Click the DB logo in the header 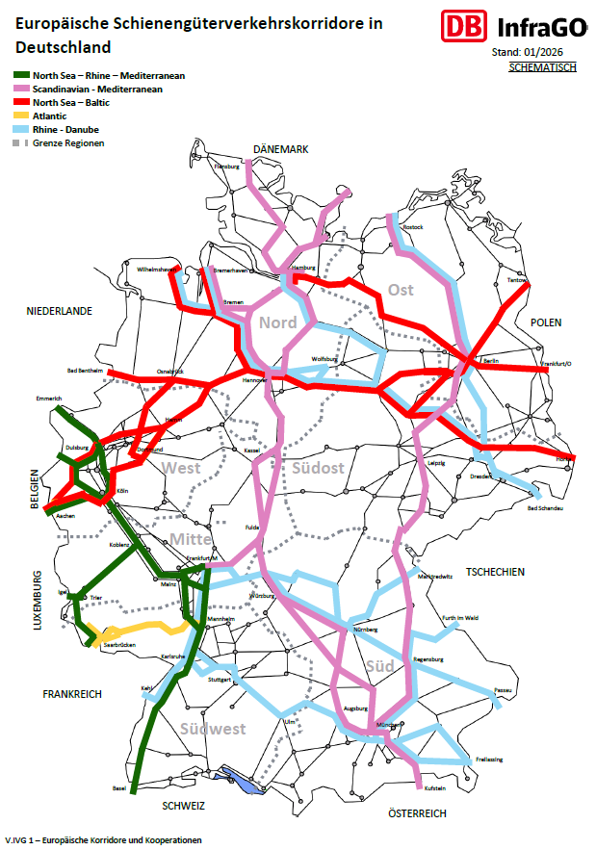pos(460,26)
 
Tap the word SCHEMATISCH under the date pos(542,67)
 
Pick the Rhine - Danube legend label pos(65,129)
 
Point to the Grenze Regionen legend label pos(68,142)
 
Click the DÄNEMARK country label pos(280,149)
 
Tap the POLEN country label pos(545,322)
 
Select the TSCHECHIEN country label pos(495,572)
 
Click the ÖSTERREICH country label pos(417,814)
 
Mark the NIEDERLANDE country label pos(59,311)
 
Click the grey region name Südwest pos(213,729)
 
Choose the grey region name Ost pos(401,290)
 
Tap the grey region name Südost pos(318,468)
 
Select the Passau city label pos(502,690)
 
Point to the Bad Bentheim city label pos(86,371)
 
